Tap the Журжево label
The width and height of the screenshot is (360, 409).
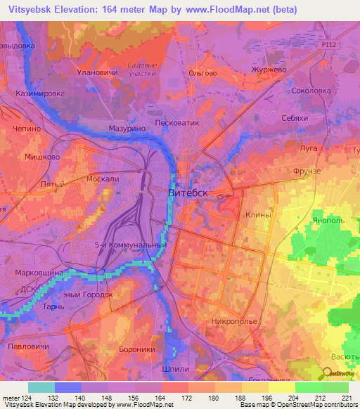(269, 70)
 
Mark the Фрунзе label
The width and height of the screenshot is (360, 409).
(306, 171)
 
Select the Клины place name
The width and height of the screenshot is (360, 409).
(258, 215)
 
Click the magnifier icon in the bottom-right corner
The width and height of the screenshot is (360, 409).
(328, 375)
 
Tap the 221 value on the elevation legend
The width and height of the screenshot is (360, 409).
(345, 399)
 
